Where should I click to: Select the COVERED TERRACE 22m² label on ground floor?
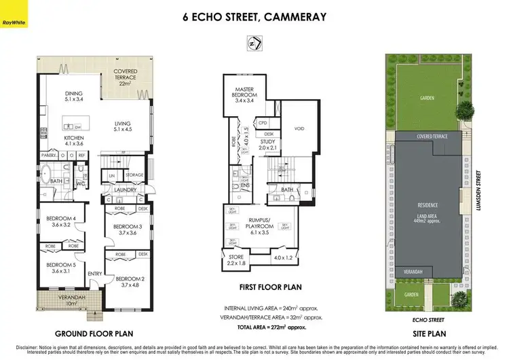(x=124, y=77)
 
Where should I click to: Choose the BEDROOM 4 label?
(x=57, y=221)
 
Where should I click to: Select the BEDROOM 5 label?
(x=57, y=268)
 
